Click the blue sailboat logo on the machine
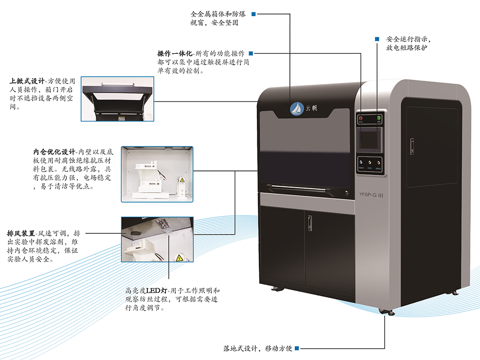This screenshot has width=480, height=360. [x=296, y=109]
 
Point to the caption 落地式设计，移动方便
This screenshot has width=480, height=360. [x=258, y=348]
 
